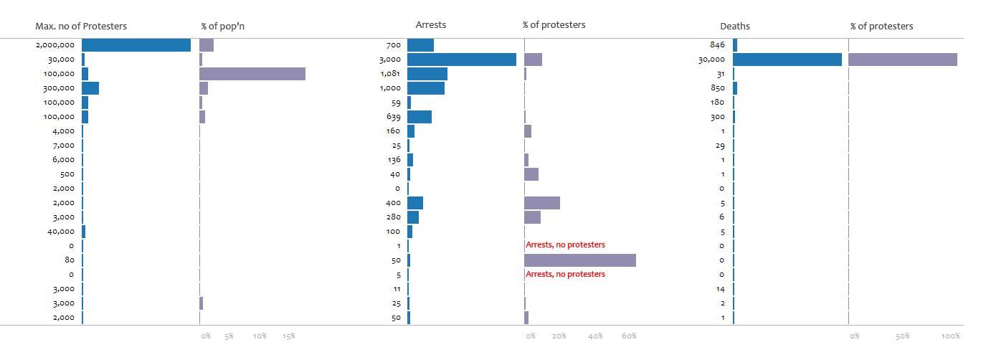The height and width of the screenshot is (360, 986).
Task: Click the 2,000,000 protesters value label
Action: pos(55,45)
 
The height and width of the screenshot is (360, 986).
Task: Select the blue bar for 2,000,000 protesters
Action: pos(136,45)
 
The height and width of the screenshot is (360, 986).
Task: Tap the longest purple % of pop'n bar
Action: pos(252,74)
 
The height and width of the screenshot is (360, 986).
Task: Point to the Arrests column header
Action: pos(431,25)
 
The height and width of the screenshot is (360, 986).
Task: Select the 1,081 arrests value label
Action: pos(390,74)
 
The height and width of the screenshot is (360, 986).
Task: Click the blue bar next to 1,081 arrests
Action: pos(427,74)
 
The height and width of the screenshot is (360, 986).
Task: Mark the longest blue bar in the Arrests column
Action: pos(462,60)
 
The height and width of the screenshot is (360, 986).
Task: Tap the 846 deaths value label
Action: pos(717,45)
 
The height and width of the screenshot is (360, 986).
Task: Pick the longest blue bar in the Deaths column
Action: pos(787,60)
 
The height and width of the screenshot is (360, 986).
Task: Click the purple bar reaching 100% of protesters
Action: pos(903,60)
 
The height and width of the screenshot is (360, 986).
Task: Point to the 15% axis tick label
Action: pos(288,336)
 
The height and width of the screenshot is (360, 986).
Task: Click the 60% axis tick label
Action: pos(629,336)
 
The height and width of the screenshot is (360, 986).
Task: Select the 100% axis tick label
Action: pos(952,336)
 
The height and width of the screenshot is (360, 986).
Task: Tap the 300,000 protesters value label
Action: pos(59,88)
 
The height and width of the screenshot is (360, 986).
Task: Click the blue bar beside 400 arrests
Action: pos(415,203)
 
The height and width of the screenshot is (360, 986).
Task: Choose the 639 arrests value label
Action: pos(394,117)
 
